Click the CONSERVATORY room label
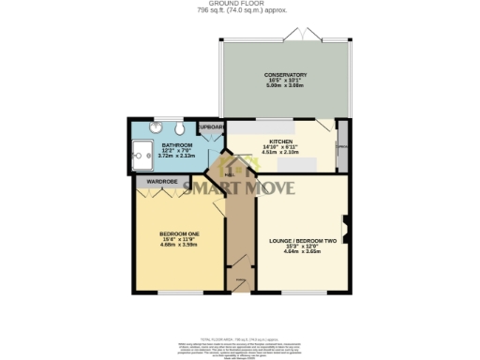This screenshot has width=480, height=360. (x=285, y=75)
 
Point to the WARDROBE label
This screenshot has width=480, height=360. (x=162, y=180)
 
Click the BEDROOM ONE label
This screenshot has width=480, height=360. (x=178, y=232)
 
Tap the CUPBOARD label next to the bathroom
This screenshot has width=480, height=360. (x=209, y=126)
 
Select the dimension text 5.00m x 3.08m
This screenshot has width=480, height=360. (x=285, y=86)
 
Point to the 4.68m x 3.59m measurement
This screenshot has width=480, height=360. (x=178, y=244)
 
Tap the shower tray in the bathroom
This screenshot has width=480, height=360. (x=142, y=153)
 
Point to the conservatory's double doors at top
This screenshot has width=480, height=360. (x=307, y=34)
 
